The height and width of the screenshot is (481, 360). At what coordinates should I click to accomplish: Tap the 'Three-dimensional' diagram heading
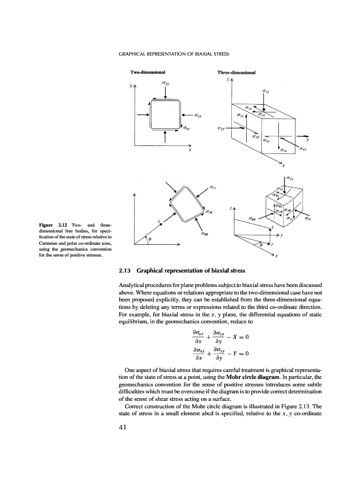tap(236, 72)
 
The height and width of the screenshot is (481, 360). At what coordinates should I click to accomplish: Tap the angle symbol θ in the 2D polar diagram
tap(150, 240)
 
